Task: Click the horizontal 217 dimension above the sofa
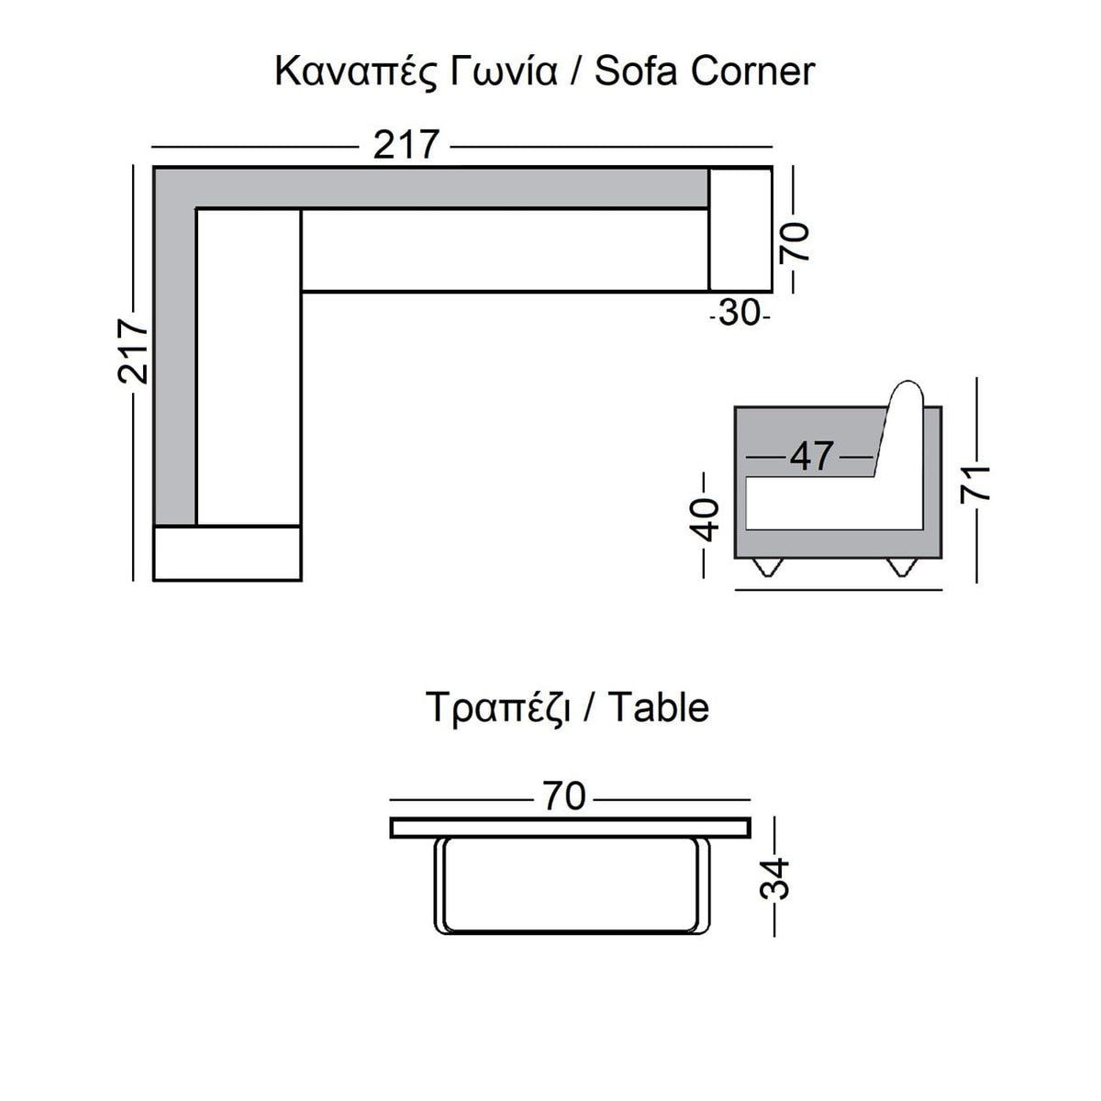coord(406,145)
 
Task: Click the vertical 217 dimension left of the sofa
coord(132,350)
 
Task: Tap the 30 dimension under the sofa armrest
coord(740,313)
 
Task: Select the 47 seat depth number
coord(811,457)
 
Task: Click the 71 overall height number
coord(974,484)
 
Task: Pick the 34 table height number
coord(774,879)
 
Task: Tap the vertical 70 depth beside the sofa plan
coord(795,242)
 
